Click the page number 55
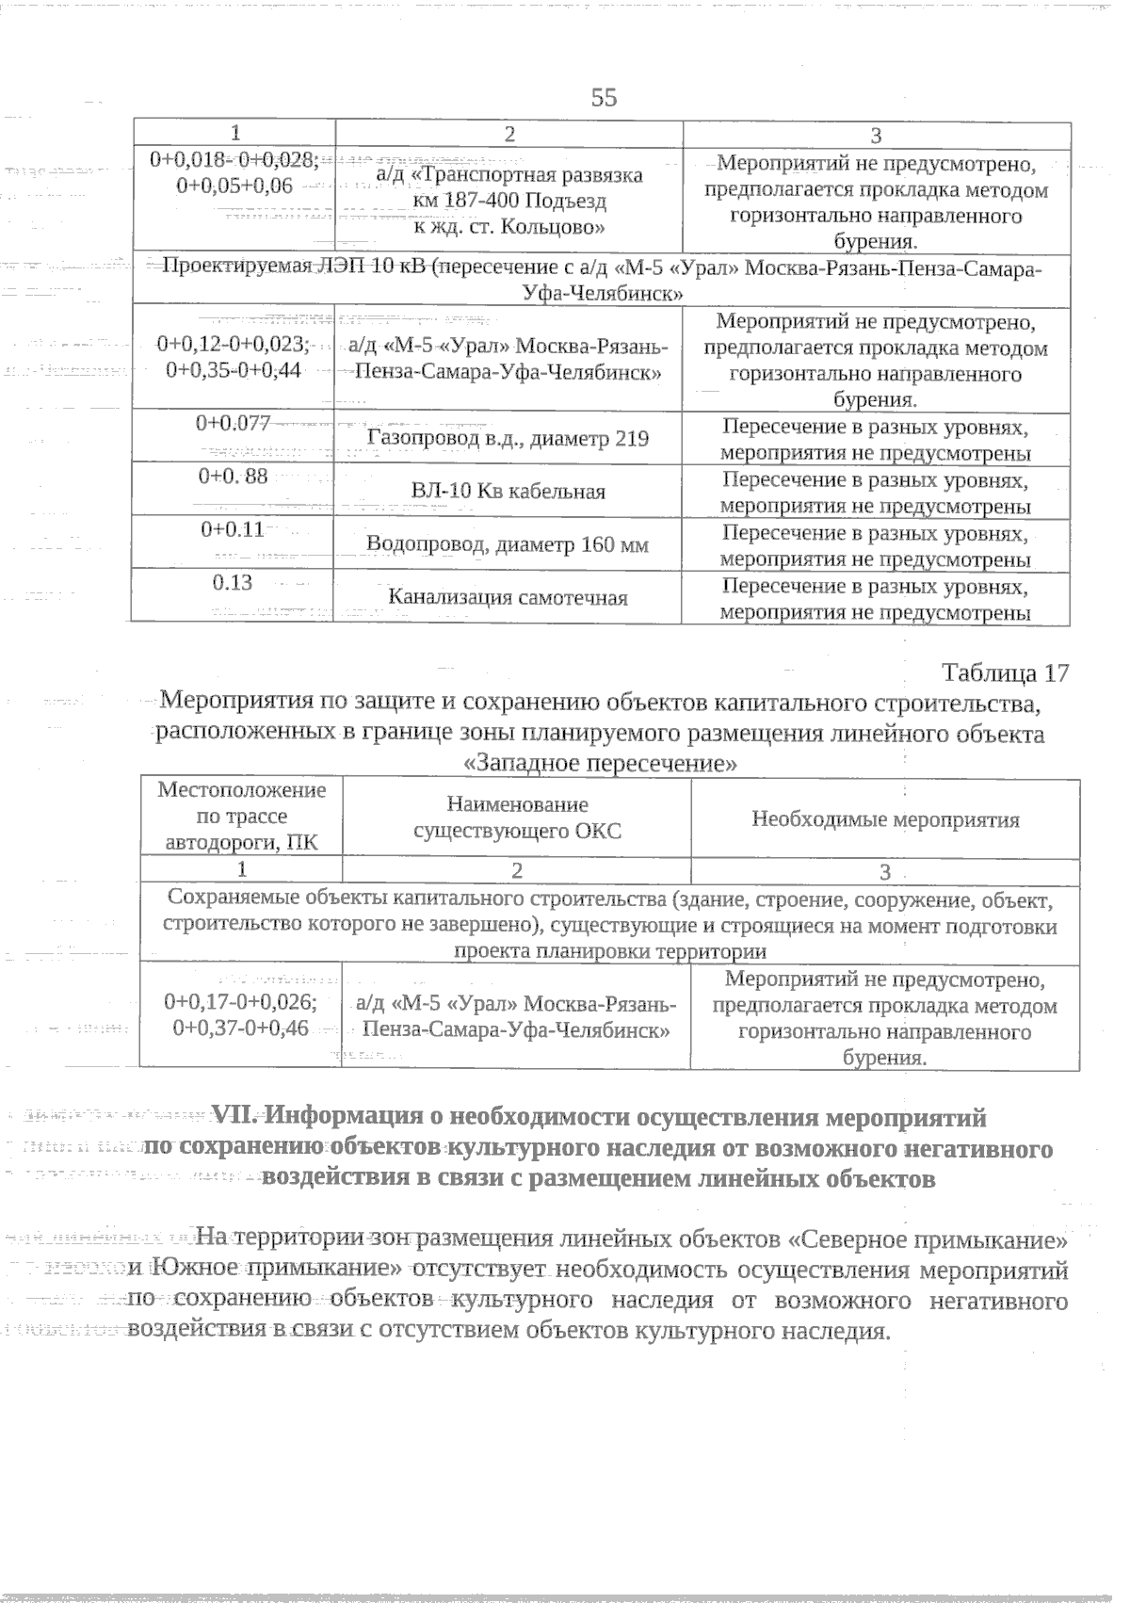604,98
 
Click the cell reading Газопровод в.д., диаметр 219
508,439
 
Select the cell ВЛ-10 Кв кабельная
508,492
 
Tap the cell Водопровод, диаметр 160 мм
508,545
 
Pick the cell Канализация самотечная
508,597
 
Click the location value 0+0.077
234,424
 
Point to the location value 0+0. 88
234,477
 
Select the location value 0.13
234,582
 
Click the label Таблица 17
1005,673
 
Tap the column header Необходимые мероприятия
885,819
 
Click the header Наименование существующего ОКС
517,818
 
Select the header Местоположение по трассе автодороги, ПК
241,817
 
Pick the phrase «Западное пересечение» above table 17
601,763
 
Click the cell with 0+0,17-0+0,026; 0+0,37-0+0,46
240,1014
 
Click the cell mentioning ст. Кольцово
508,202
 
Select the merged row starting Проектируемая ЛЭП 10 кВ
603,281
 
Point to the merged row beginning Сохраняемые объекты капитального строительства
609,925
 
